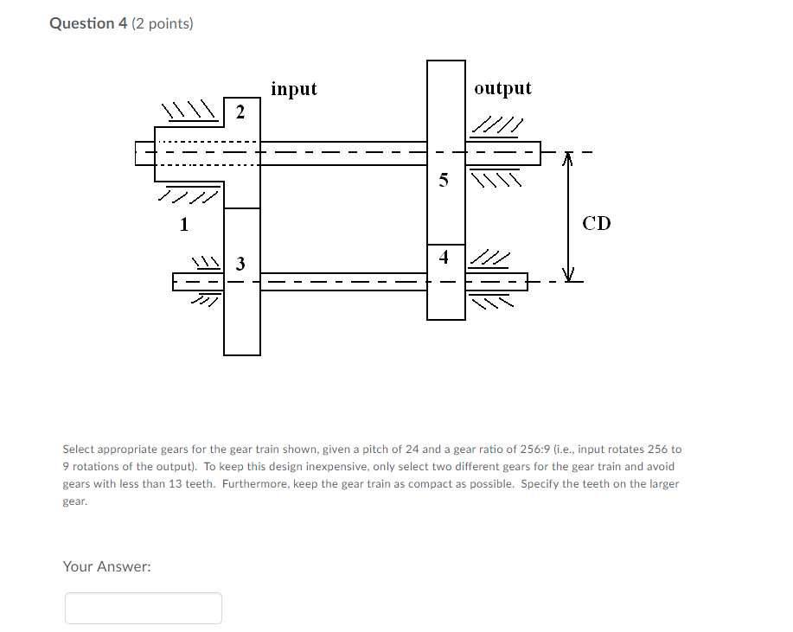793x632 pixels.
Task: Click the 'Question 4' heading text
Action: point(88,23)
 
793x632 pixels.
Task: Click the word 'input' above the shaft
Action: point(294,88)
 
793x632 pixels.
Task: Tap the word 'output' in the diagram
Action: point(502,88)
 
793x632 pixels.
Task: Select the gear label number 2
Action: point(240,112)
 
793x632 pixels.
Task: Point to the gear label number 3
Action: point(240,263)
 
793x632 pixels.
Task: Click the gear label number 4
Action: point(444,257)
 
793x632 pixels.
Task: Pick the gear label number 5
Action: point(444,181)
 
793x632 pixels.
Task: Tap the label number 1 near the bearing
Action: point(183,226)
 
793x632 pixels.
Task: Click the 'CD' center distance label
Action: point(597,224)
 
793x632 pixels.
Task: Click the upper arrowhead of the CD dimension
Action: point(568,159)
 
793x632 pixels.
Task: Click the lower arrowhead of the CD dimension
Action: point(568,276)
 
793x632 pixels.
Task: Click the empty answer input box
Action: point(144,608)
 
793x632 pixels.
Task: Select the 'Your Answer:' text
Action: point(106,566)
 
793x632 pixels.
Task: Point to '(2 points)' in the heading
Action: point(163,23)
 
